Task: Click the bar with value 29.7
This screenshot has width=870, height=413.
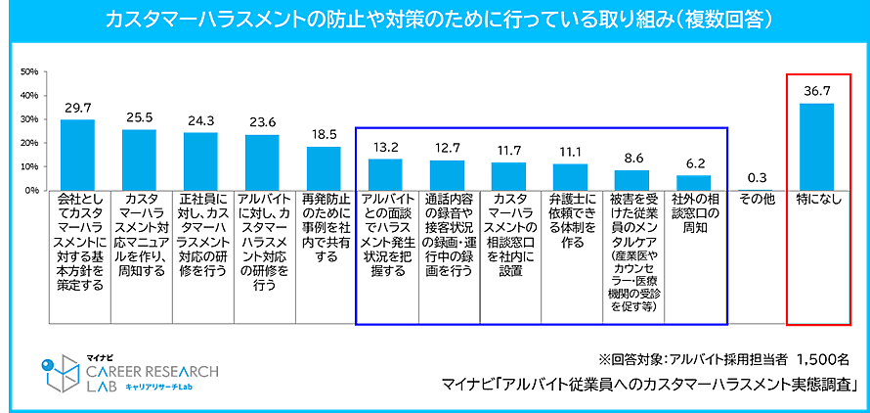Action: point(77,155)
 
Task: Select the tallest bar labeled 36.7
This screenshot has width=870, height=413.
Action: point(816,147)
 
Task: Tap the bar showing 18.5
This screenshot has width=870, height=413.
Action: point(324,168)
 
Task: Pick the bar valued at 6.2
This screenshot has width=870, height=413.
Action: point(694,183)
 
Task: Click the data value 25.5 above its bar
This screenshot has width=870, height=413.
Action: point(139,117)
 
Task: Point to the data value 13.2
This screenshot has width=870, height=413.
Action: point(386,147)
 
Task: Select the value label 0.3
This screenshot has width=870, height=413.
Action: point(755,177)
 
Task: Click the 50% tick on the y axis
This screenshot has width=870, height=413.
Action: point(28,72)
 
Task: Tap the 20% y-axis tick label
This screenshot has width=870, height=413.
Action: point(28,144)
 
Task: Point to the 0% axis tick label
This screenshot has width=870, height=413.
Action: point(30,191)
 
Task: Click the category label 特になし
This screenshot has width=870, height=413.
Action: point(816,200)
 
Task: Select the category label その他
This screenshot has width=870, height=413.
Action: point(755,200)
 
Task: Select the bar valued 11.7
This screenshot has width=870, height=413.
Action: point(509,176)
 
